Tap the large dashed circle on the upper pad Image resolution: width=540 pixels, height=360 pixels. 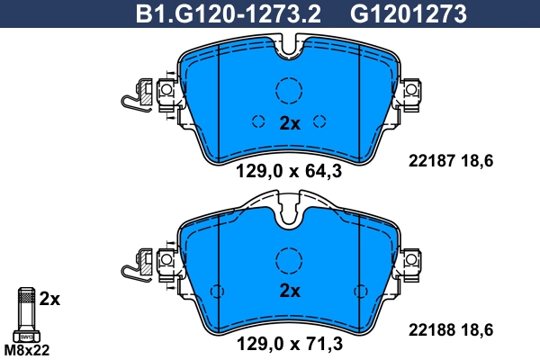288,91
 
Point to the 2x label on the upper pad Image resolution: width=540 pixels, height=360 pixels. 289,123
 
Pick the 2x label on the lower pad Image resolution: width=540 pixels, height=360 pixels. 289,291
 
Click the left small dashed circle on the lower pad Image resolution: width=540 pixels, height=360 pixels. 216,292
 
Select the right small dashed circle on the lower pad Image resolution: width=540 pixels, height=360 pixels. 362,292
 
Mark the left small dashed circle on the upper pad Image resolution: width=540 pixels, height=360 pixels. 257,122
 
